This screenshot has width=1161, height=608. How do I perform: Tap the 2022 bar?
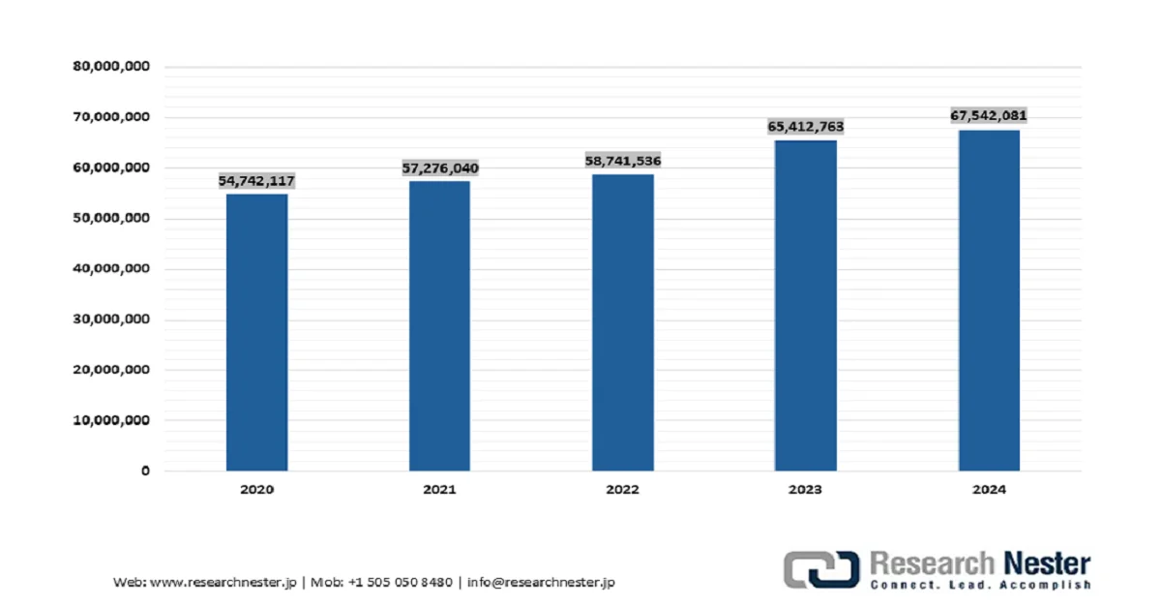623,322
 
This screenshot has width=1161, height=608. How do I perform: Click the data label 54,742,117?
256,181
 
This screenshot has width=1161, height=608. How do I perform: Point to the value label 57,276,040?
440,168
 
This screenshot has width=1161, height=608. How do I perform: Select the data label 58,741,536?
623,161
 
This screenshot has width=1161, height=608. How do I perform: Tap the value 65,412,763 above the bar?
806,127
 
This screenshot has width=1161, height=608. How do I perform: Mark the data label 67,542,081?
989,116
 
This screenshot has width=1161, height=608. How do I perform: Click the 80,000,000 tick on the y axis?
111,67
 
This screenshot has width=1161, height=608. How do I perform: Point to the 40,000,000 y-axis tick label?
111,269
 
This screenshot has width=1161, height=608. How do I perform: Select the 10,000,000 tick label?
111,420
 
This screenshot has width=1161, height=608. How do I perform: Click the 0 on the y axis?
145,471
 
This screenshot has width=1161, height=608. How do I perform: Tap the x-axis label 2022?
622,490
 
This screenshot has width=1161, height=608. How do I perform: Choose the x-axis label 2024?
989,490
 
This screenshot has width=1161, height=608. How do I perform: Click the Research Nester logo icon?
821,568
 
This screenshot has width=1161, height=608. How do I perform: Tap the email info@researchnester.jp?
541,582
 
